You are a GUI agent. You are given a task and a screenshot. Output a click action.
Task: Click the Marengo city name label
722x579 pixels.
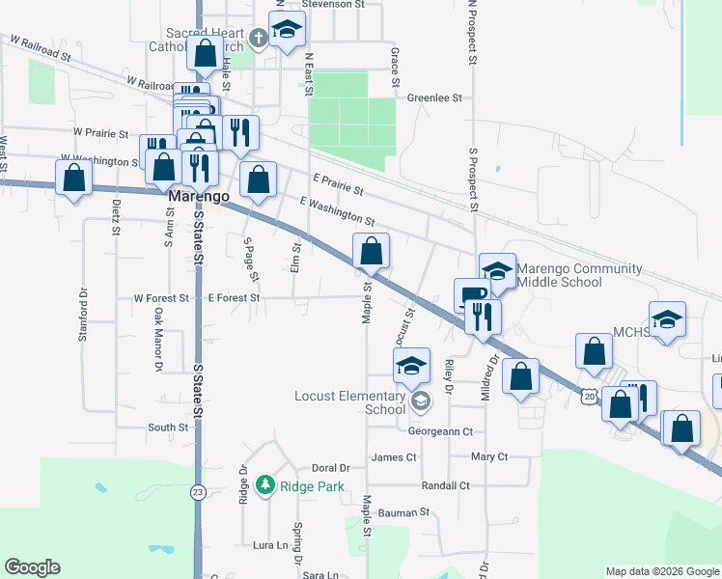click(199, 196)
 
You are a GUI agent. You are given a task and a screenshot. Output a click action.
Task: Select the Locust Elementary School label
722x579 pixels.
click(350, 402)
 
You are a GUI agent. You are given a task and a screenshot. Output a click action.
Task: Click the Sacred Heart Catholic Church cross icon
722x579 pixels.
click(257, 38)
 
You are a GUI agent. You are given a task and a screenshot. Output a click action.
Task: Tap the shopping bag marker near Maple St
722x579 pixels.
click(371, 254)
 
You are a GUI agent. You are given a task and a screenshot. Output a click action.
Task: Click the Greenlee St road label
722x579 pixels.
click(434, 97)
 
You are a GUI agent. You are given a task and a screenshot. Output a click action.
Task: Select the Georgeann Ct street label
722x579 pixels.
click(440, 431)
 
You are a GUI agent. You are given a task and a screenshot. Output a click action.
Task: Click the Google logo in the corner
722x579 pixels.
click(32, 567)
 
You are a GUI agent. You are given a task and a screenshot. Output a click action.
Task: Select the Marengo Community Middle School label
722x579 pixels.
click(578, 275)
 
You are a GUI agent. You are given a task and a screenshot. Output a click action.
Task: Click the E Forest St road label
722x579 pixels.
click(235, 298)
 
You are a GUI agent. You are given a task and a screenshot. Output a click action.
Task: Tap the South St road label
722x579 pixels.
click(168, 427)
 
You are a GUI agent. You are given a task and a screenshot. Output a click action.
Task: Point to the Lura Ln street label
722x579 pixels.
click(270, 545)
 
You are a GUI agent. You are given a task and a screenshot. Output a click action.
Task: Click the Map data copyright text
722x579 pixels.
click(662, 571)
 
